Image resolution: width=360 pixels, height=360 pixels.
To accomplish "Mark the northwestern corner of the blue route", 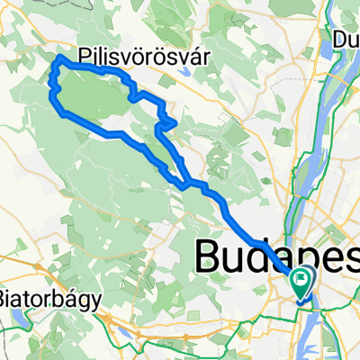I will coord(60,58).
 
